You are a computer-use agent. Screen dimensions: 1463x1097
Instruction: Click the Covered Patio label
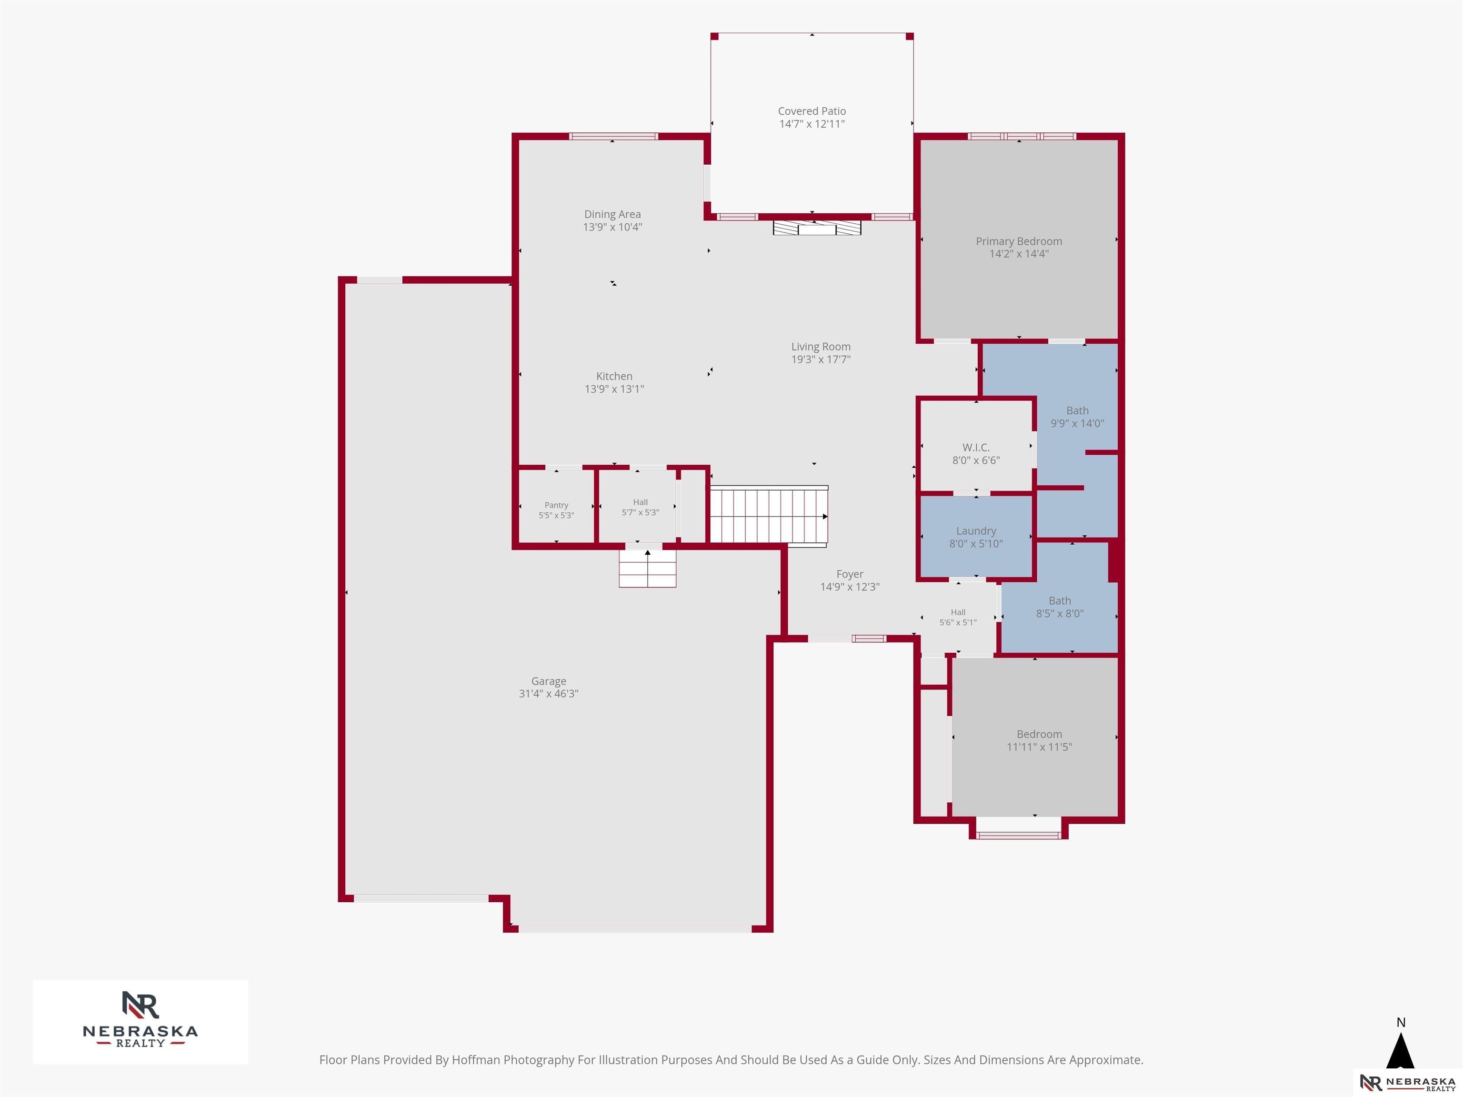coord(812,111)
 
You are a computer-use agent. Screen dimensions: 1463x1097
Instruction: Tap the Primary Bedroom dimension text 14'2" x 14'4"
coord(1019,253)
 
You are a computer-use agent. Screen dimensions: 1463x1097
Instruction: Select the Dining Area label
coord(612,214)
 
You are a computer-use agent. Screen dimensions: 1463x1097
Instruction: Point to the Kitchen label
coord(614,376)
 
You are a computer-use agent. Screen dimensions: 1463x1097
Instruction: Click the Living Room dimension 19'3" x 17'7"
coord(821,359)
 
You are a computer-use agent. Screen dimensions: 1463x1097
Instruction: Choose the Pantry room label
coord(556,505)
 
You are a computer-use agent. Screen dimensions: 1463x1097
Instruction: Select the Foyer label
coord(850,574)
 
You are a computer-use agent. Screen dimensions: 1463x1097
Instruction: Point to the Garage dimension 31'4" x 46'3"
coord(548,694)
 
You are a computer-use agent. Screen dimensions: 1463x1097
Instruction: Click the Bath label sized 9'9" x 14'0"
coord(1077,410)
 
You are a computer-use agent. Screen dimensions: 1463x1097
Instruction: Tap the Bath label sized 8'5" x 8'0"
coord(1060,601)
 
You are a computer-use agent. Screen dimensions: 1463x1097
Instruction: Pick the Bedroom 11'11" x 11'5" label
coord(1039,735)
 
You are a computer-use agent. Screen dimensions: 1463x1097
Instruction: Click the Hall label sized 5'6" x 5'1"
coord(958,612)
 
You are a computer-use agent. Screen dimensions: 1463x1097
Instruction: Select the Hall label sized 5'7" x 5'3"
coord(640,502)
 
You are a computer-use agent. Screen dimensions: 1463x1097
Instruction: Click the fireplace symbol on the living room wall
coord(817,228)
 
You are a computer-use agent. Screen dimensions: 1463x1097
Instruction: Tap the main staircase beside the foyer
coord(769,516)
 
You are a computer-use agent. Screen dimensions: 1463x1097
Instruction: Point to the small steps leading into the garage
coord(648,568)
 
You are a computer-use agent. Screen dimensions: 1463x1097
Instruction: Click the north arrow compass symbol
coord(1400,1051)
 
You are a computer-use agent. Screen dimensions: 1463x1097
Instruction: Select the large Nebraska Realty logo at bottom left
coord(140,1022)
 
